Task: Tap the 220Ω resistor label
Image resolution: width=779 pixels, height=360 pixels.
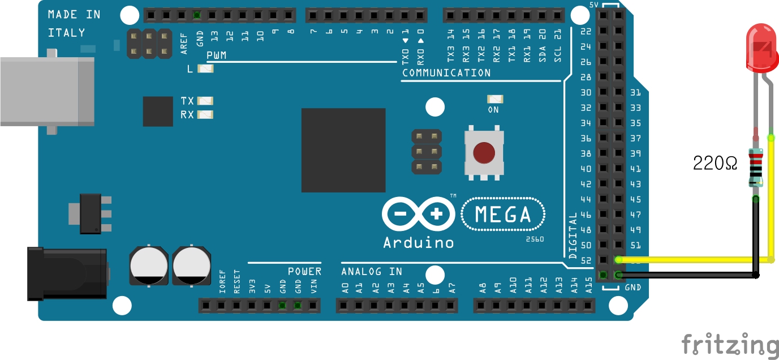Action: click(715, 164)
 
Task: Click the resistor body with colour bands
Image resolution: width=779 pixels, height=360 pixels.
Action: click(756, 167)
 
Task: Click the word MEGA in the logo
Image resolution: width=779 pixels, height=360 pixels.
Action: click(503, 215)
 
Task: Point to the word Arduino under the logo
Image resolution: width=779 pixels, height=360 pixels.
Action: click(418, 242)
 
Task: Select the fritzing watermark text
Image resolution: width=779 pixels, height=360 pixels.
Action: click(729, 345)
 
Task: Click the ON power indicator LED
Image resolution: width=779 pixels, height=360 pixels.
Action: click(494, 99)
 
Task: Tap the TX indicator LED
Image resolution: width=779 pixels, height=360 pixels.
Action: click(205, 101)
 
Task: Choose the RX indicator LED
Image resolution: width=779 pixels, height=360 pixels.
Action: click(205, 115)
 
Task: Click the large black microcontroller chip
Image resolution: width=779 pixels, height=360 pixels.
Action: click(343, 150)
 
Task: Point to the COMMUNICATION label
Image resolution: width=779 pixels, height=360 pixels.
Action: click(446, 73)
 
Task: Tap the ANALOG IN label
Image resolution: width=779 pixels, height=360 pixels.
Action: click(372, 272)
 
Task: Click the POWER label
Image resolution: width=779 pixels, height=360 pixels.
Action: click(304, 272)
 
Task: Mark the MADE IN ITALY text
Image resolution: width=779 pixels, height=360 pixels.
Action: click(74, 23)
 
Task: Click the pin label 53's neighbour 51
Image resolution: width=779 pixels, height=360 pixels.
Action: click(636, 245)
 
